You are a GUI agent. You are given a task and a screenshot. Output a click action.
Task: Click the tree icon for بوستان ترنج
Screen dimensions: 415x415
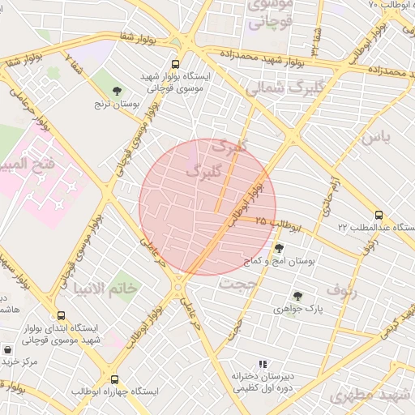tap(118, 91)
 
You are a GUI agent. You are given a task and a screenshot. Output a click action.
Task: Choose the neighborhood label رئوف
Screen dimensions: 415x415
tap(341, 289)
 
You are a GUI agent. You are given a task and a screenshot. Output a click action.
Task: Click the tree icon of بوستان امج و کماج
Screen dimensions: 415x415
tap(280, 248)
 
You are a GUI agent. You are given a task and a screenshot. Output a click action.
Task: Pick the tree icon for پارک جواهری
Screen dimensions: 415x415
tap(297, 296)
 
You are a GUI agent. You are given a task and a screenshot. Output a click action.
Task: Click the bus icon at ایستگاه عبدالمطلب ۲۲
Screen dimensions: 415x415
tap(379, 214)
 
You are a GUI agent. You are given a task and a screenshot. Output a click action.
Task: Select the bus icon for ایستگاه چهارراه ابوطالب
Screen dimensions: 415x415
tap(113, 379)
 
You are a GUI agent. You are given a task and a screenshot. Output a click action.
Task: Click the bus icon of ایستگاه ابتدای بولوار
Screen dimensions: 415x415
tap(61, 315)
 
